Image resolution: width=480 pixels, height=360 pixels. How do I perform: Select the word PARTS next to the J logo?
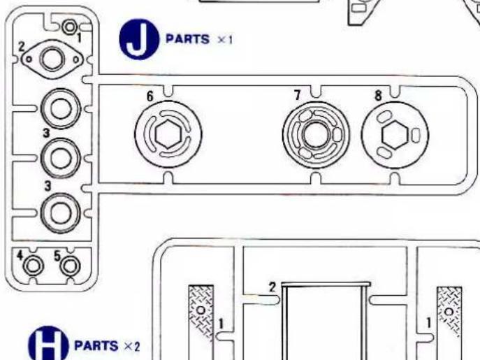(187, 40)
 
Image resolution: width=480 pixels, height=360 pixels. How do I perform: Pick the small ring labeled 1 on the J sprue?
(70, 27)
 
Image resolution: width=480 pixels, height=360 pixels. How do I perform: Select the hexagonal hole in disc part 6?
(168, 131)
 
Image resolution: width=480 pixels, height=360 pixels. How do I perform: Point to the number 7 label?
(297, 94)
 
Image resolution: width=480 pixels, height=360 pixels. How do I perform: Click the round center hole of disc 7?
(314, 131)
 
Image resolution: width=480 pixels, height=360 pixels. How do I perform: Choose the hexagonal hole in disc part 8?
(395, 131)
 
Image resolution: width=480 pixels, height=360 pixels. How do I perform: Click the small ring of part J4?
(32, 266)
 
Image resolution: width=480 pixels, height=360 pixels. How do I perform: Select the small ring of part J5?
(68, 266)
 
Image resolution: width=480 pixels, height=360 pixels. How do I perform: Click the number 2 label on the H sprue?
(273, 287)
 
